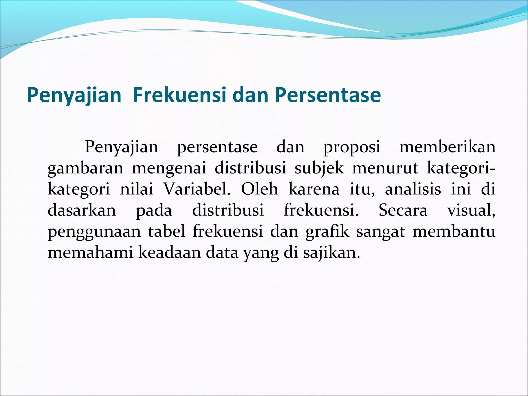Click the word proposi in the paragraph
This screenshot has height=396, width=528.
click(x=352, y=147)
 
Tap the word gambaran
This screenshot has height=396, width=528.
click(x=86, y=169)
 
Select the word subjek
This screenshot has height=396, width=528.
click(x=319, y=169)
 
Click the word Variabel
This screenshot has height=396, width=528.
click(x=197, y=189)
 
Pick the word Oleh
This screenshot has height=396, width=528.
click(x=260, y=189)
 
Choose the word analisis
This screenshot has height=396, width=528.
click(x=413, y=189)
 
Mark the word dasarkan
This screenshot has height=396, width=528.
click(x=82, y=210)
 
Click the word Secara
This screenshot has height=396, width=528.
click(x=403, y=210)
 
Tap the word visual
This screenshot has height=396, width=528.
click(x=471, y=210)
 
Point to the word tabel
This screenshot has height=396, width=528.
click(x=167, y=231)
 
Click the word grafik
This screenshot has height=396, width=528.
click(x=327, y=232)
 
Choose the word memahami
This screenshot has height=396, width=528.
click(x=90, y=252)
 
